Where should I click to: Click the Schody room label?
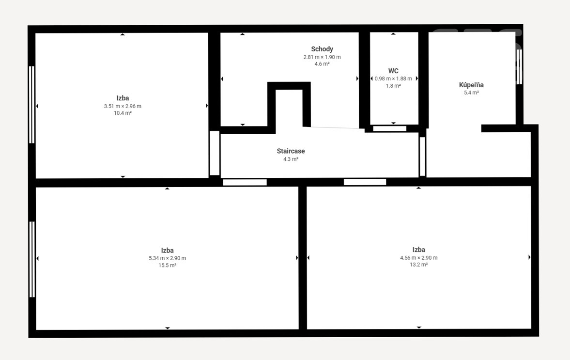tap(322, 49)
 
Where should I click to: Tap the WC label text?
tap(393, 71)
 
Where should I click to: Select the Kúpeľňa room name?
tap(471, 85)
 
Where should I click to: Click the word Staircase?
tap(291, 151)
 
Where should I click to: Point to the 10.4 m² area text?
tap(123, 113)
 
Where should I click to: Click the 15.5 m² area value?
tap(167, 266)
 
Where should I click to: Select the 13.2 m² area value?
tap(419, 265)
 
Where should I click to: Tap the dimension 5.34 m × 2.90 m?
tap(167, 258)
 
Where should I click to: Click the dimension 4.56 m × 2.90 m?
tap(419, 258)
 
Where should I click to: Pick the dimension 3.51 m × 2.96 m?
tap(123, 106)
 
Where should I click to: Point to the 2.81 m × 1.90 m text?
tap(322, 57)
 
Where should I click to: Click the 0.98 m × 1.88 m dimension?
tap(393, 78)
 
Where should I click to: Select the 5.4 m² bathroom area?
tap(471, 93)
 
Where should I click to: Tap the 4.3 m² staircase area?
tap(291, 159)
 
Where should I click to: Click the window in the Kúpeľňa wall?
tap(519, 67)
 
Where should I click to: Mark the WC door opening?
tap(390, 128)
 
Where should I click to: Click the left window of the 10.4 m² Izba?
tap(31, 105)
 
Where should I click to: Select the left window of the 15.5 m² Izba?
tap(32, 259)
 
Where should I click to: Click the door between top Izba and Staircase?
tap(215, 153)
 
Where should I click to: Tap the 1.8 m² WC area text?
tap(393, 86)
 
